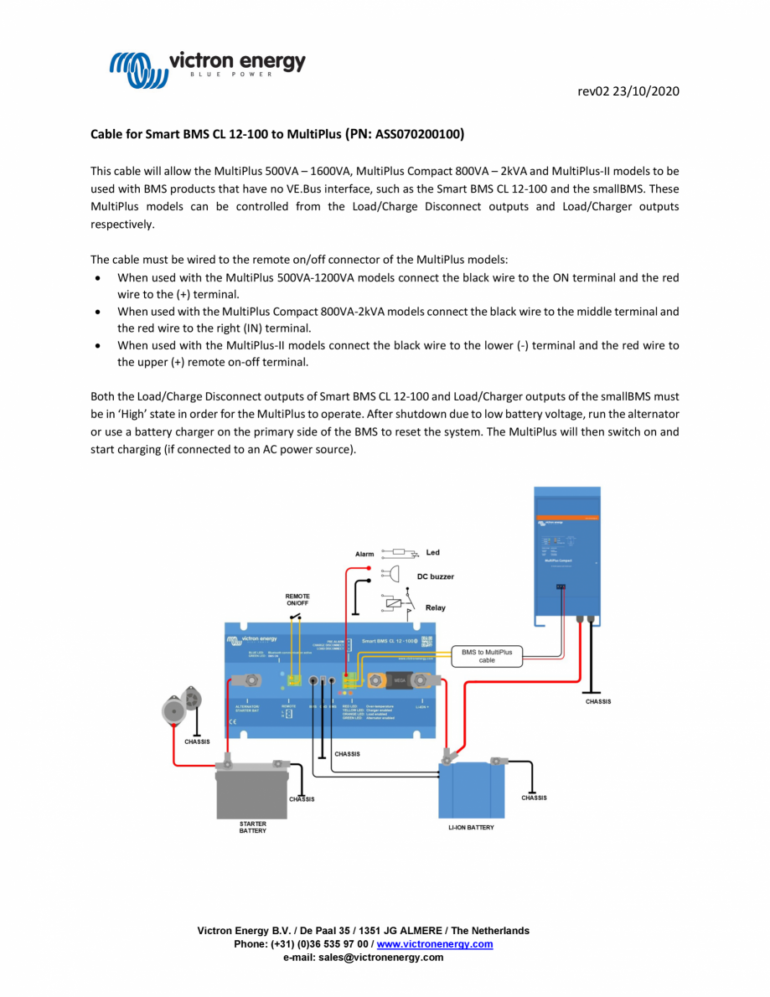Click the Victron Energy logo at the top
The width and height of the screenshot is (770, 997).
[208, 67]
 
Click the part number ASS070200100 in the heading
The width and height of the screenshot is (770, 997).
[416, 133]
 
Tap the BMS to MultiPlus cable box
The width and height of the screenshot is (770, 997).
[487, 655]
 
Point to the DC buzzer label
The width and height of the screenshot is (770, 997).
[435, 576]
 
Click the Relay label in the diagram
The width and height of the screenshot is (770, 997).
[435, 607]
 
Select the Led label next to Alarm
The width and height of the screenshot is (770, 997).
[432, 553]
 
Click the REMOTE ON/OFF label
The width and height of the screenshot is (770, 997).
[297, 600]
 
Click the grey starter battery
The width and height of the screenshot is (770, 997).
[252, 792]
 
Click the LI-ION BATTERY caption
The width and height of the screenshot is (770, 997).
[471, 828]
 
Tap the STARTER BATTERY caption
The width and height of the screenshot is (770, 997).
[252, 827]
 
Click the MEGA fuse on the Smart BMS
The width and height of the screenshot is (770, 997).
[400, 681]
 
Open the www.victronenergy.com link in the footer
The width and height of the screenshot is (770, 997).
[434, 944]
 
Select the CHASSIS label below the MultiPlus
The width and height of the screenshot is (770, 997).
[597, 701]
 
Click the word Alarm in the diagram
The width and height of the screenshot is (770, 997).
[364, 555]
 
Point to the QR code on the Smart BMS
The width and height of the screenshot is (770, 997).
[426, 641]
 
